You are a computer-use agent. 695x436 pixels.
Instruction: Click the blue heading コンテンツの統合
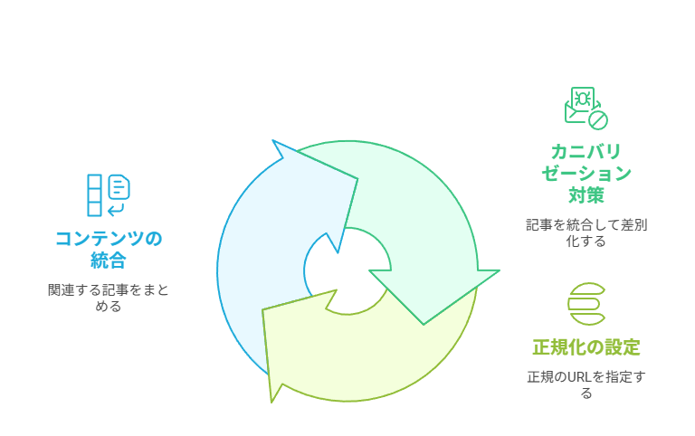tap(109, 249)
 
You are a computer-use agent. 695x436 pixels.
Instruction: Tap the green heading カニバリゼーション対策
tap(586, 174)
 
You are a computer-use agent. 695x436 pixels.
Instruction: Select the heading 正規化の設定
tap(586, 347)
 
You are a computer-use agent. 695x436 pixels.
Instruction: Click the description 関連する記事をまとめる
tap(109, 298)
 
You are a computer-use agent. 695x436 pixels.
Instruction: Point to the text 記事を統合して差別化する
tap(586, 232)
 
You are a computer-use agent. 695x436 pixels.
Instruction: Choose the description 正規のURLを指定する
tap(586, 384)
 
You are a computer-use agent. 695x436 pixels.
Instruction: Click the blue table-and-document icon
tap(109, 195)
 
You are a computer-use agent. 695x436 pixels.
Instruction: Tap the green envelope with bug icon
tap(586, 109)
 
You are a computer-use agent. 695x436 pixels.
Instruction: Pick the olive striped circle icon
tap(586, 304)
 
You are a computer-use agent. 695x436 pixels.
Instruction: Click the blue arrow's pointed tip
tap(273, 141)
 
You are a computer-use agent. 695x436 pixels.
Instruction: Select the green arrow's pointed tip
tap(424, 325)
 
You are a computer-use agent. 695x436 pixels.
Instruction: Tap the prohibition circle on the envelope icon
tap(598, 120)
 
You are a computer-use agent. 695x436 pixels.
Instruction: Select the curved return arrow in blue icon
tap(116, 209)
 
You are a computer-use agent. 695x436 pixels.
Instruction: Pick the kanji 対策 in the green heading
tap(586, 195)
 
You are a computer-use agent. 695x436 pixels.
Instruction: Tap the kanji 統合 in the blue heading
tap(109, 261)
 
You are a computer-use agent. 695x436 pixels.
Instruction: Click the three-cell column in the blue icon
tap(94, 195)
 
